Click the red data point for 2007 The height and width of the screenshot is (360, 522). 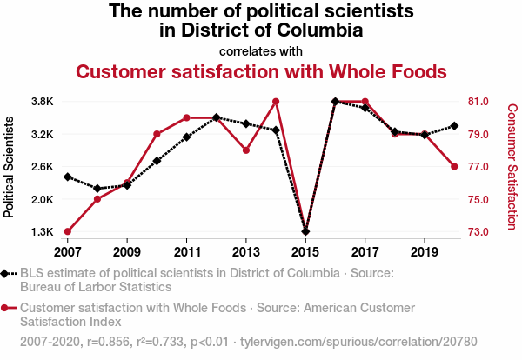68,231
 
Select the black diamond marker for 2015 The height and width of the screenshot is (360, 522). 305,231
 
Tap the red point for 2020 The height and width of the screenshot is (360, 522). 454,166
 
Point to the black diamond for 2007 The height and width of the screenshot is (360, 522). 68,177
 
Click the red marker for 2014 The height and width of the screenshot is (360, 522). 276,102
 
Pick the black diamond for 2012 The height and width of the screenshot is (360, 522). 217,117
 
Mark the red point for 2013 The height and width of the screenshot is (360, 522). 246,150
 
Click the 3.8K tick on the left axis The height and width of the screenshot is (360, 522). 42,102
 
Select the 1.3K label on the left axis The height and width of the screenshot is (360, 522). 42,232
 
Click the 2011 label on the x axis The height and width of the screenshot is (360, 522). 187,251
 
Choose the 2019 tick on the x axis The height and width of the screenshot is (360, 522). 425,251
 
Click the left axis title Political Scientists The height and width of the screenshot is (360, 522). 10,166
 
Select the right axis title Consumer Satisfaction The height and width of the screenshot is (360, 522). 512,166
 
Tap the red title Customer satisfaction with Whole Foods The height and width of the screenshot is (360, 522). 261,70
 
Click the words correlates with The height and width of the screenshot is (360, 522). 261,50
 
